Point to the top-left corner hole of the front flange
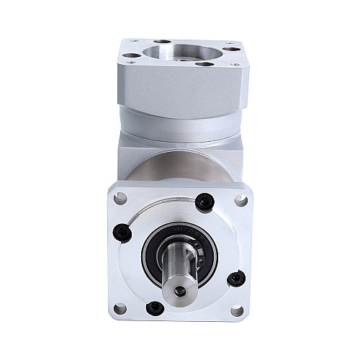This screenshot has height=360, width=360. point(121,197)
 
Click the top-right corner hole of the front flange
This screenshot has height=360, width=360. point(238,196)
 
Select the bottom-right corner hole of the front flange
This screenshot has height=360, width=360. point(237,311)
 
